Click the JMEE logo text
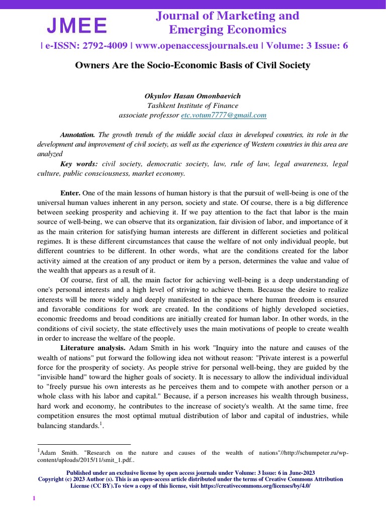[77, 25]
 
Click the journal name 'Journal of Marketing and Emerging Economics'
[227, 23]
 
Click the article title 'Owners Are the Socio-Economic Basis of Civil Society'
[192, 65]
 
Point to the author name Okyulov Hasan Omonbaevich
[192, 95]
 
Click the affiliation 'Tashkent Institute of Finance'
[192, 105]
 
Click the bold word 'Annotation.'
[77, 135]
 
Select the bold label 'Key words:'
[79, 164]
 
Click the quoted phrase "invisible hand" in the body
[57, 376]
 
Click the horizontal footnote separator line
[84, 444]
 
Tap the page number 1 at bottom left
[34, 498]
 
